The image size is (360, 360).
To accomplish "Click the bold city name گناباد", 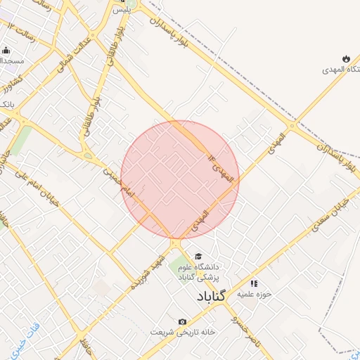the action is tap(211, 296).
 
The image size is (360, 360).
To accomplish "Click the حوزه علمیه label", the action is tap(254, 292).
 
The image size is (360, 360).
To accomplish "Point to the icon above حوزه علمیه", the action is tap(254, 283).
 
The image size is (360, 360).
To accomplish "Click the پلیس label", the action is tap(124, 11).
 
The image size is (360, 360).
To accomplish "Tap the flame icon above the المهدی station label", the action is tap(346, 58).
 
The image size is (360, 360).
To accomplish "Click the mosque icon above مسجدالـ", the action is tap(6, 50).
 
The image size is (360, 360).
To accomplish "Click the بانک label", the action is tap(6, 104).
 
